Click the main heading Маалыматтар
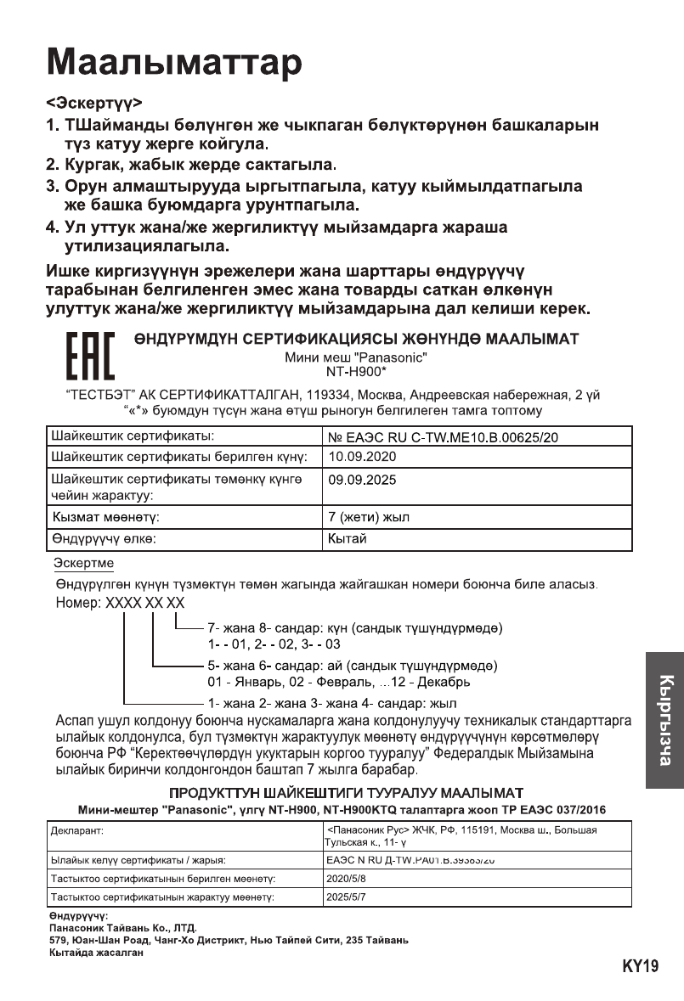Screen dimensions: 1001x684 [173, 61]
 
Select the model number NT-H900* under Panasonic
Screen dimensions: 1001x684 [356, 371]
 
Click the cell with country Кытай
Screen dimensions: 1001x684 [347, 537]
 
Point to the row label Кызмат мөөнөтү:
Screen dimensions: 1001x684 [106, 516]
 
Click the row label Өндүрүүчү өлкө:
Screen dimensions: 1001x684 [105, 537]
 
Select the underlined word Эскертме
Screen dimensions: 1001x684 [83, 564]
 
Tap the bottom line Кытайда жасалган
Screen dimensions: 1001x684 [95, 953]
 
